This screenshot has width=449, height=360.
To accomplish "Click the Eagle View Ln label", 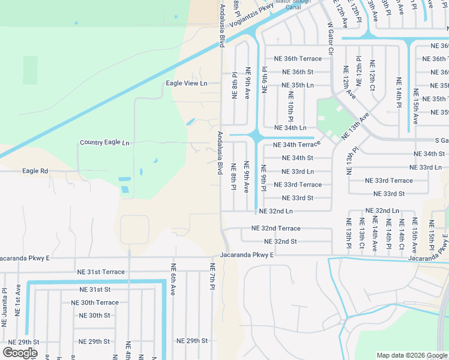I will click(x=186, y=83).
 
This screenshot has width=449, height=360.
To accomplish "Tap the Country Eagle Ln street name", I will click(x=104, y=143).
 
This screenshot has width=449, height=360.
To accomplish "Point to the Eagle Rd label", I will click(x=35, y=171).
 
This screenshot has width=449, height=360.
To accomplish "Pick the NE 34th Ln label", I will click(x=290, y=128).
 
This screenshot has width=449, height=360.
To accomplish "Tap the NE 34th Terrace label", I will click(x=297, y=145).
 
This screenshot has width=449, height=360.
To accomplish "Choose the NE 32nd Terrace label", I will click(x=276, y=229).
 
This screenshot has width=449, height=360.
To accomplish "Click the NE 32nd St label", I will click(x=280, y=241).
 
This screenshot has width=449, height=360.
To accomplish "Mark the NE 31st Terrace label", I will click(x=101, y=272).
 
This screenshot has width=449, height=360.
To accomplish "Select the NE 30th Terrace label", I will click(x=95, y=302).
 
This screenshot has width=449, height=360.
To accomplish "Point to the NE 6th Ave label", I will click(x=173, y=280).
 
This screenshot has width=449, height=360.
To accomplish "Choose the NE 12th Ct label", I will click(x=372, y=75).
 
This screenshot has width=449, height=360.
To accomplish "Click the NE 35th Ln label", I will click(x=298, y=85).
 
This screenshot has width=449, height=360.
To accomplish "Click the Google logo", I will click(x=20, y=353).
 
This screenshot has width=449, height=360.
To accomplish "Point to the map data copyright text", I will click(x=411, y=355).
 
